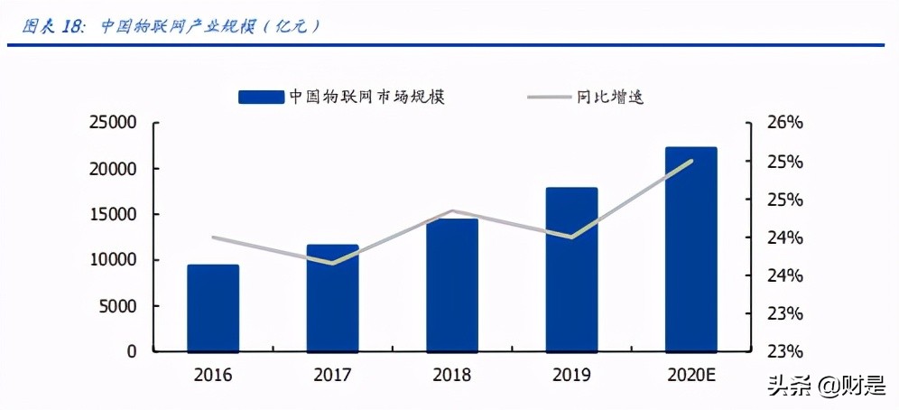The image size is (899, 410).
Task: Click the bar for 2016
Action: coord(213,308)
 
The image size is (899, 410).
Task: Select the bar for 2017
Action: coord(332,298)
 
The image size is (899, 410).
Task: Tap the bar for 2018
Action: coord(452,285)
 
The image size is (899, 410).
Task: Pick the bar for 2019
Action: coord(571,270)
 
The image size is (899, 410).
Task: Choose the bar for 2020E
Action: coord(690,249)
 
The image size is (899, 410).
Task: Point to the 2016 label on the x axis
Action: coord(213,375)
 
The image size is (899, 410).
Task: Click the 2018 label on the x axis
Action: coord(452,375)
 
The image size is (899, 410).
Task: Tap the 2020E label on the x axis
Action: coord(690,375)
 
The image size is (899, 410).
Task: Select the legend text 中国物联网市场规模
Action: coord(366,96)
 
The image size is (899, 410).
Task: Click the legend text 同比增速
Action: coord(610,96)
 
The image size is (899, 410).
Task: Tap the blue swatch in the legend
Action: coord(261,97)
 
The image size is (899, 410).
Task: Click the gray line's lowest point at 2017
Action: coord(332,264)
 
